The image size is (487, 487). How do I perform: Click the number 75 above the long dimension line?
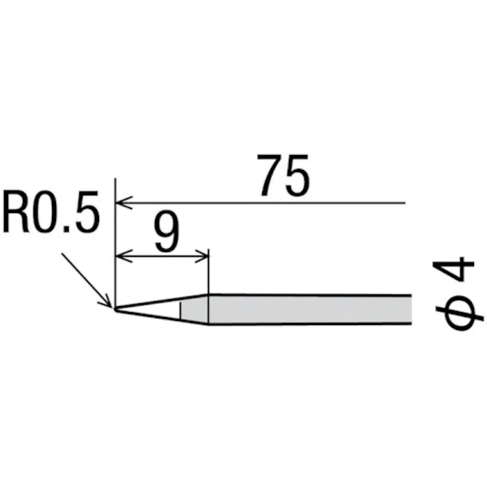(x=283, y=176)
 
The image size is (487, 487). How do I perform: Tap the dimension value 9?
(x=167, y=232)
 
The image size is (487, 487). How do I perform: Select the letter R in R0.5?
(x=16, y=212)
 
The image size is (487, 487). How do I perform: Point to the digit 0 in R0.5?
(x=45, y=212)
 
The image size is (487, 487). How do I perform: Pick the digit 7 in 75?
(x=270, y=176)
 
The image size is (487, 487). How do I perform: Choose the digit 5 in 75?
(x=297, y=176)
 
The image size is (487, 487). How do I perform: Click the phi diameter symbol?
(x=460, y=313)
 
